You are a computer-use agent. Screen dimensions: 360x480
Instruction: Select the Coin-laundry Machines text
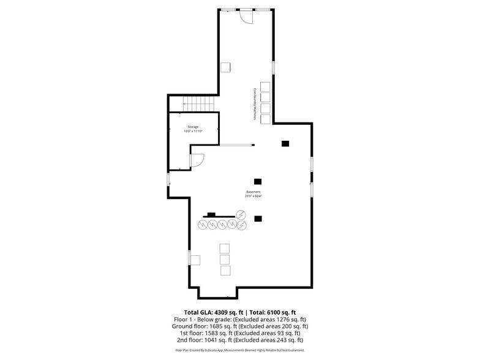255,103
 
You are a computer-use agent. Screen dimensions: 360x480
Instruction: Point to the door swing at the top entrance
246,18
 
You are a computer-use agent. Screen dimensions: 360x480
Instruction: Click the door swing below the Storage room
197,160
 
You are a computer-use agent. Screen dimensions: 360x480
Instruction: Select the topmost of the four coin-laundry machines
265,86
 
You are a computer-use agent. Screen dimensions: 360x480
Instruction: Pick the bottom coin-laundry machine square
265,118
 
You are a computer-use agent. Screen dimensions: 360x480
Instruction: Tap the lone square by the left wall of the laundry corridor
226,67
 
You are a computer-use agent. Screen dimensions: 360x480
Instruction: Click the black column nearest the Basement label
258,181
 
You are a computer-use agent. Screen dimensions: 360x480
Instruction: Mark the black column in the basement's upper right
285,144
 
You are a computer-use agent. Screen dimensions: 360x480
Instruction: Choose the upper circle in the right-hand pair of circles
241,215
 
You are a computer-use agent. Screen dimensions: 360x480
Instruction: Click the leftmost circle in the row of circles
202,225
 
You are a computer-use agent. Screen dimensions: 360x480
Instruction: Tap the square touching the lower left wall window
195,260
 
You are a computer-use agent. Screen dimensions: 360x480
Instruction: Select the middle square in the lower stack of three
225,260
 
